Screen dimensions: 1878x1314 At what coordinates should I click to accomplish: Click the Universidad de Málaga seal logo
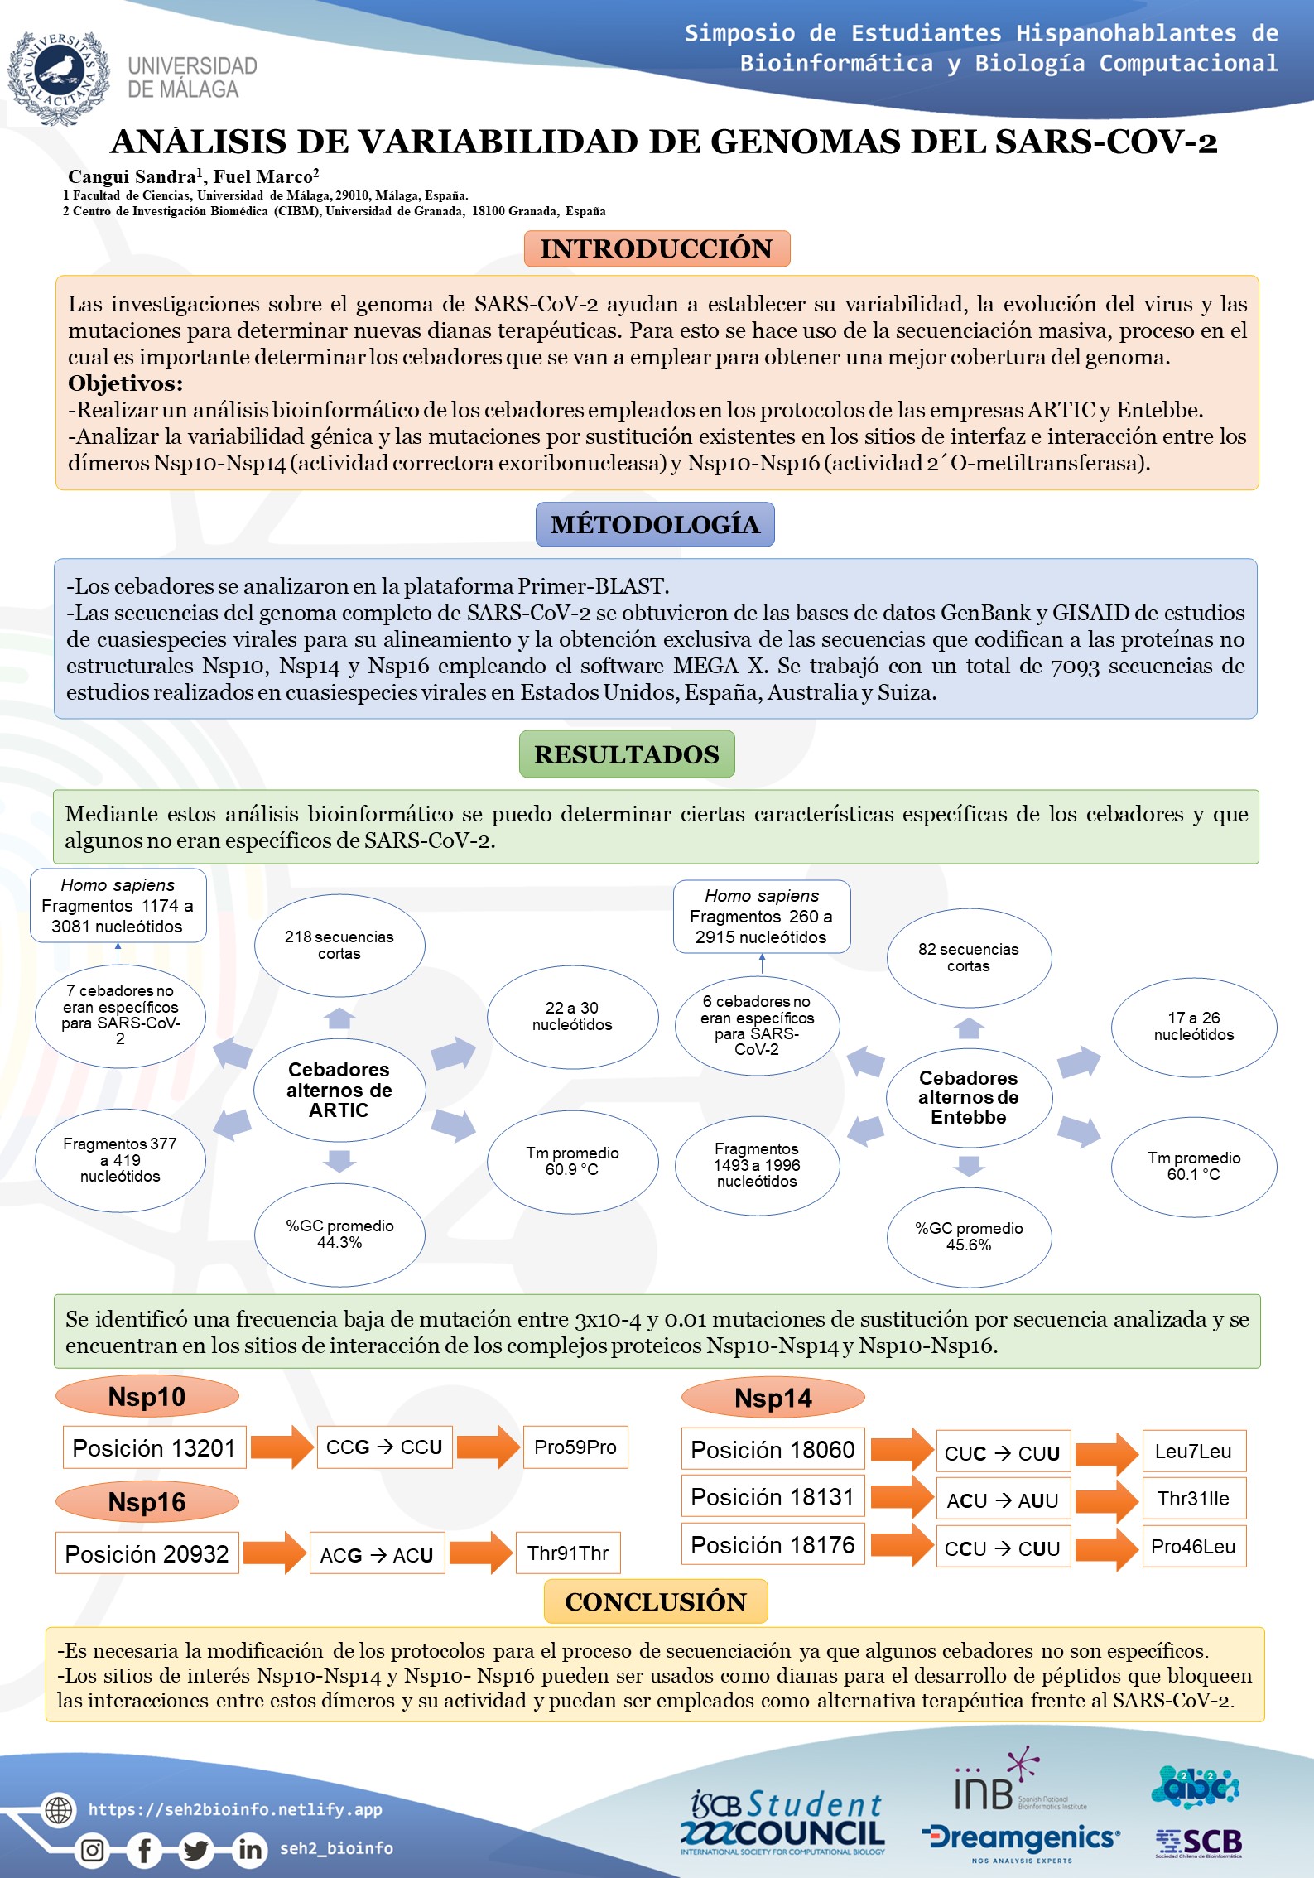[x=59, y=78]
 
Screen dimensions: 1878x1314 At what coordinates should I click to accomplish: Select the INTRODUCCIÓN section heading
[x=657, y=248]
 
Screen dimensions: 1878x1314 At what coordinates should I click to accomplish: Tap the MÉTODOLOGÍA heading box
[x=655, y=524]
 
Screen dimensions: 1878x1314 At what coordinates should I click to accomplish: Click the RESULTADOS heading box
[x=627, y=754]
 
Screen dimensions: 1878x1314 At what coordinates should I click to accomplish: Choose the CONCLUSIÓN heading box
[x=656, y=1601]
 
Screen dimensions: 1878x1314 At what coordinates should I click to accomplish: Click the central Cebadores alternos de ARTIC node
[x=339, y=1090]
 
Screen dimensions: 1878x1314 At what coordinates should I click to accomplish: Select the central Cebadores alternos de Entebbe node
[x=969, y=1097]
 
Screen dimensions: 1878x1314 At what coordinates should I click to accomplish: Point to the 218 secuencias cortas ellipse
[x=339, y=945]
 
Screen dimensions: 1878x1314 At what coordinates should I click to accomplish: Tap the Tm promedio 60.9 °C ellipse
[x=572, y=1161]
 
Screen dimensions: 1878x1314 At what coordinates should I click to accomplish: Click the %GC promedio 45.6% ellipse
[x=969, y=1236]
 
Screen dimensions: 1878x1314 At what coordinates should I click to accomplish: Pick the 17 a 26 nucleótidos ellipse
[x=1194, y=1027]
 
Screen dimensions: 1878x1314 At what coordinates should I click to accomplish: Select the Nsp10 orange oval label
[x=147, y=1397]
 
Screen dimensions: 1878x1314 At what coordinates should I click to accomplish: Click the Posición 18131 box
[x=773, y=1497]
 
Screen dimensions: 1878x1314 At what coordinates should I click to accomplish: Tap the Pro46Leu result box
[x=1193, y=1547]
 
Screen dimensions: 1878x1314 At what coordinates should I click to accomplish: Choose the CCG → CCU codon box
[x=384, y=1447]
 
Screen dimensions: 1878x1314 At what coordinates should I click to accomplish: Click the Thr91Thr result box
[x=568, y=1553]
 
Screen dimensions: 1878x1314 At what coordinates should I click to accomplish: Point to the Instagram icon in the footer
[x=93, y=1849]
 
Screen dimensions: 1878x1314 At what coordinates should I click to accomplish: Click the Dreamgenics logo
[x=1022, y=1839]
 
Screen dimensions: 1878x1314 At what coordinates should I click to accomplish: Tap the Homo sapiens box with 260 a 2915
[x=762, y=916]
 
